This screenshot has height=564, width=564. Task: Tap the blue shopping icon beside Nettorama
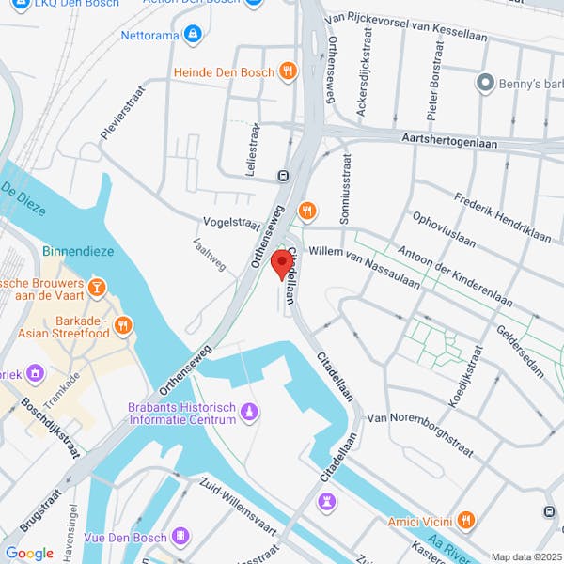[193, 36]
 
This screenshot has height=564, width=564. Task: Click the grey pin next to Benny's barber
[485, 84]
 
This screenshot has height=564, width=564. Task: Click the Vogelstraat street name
[231, 223]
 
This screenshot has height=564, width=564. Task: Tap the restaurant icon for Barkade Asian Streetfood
[122, 325]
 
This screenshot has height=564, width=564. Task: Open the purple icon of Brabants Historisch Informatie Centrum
[249, 412]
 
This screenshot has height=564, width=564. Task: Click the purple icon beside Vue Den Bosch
[182, 537]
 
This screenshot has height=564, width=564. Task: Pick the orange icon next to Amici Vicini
[466, 520]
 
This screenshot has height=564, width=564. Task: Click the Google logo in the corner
[29, 553]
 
